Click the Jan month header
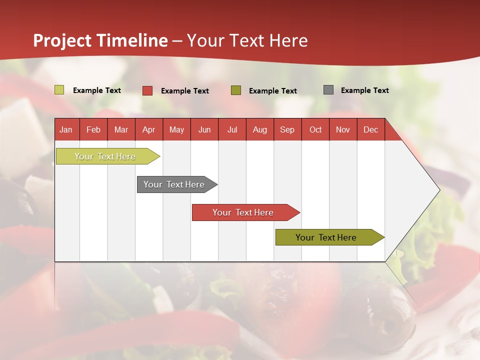pos(66,129)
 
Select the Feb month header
pos(93,129)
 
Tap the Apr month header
pos(148,129)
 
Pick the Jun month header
pos(204,129)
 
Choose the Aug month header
pos(259,129)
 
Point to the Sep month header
pos(287,129)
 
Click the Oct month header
pos(315,129)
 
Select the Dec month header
pos(370,129)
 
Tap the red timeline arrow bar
pos(244,212)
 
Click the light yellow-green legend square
pos(59,90)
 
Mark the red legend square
pos(147,90)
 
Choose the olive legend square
pos(236,90)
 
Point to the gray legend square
pos(328,90)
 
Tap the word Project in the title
pos(62,40)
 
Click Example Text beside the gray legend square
pos(364,90)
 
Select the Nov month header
pos(342,129)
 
